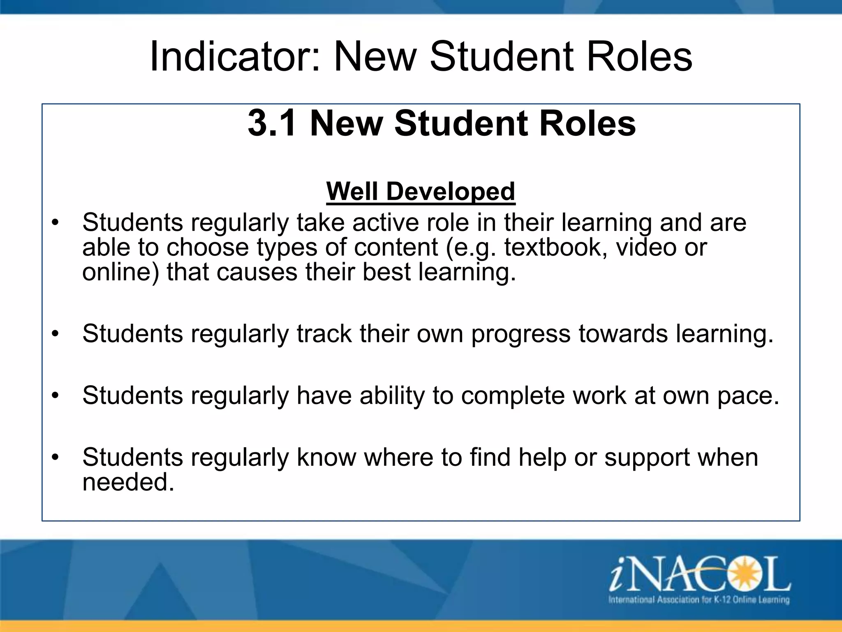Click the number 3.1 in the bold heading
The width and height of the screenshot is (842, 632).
[272, 123]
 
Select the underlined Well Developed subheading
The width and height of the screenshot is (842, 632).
[420, 191]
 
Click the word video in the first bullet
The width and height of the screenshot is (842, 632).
[646, 247]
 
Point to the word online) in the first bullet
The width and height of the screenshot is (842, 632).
[120, 272]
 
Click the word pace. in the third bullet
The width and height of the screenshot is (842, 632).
[748, 395]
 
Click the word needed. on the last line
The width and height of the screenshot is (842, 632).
[128, 482]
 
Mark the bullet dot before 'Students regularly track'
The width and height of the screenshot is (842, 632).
[56, 334]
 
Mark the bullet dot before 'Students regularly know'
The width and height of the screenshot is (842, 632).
[56, 458]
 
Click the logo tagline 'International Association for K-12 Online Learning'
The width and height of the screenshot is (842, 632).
[699, 599]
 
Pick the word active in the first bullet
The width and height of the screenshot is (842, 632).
[385, 223]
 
